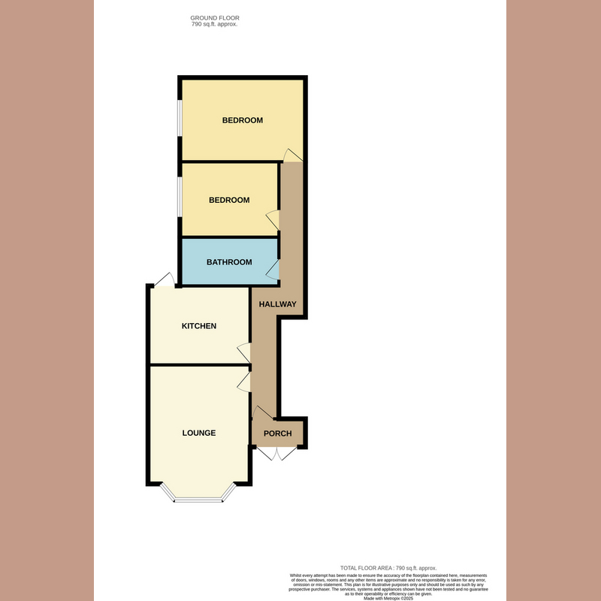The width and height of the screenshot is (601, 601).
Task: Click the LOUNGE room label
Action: click(x=199, y=433)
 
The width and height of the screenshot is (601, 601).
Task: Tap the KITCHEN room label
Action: click(x=199, y=326)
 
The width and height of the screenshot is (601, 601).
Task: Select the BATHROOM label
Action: click(x=229, y=262)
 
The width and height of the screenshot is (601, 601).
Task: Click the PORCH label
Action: click(x=277, y=433)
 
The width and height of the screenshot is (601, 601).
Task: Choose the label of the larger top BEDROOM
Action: click(x=242, y=120)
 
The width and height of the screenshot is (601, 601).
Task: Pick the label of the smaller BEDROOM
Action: click(x=229, y=200)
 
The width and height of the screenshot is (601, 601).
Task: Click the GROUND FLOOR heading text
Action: click(x=215, y=17)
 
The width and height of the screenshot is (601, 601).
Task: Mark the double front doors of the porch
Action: click(x=277, y=453)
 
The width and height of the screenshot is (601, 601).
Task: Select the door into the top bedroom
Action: click(x=293, y=154)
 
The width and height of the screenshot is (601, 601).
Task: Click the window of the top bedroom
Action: click(x=179, y=119)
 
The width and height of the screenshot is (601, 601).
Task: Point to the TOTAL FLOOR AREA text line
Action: click(x=388, y=568)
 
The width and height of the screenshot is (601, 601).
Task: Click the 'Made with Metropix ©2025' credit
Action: click(x=388, y=598)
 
